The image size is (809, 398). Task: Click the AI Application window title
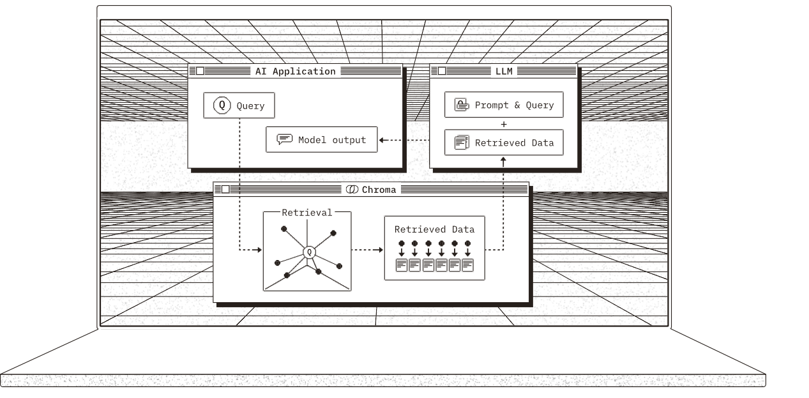click(x=295, y=71)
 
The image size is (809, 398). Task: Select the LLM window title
click(x=504, y=71)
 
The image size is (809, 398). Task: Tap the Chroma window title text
click(x=379, y=190)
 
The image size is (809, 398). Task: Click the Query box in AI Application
click(x=239, y=105)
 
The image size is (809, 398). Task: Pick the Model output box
click(x=322, y=140)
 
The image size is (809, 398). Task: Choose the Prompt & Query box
click(x=504, y=105)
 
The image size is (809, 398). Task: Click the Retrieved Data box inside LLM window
click(x=504, y=142)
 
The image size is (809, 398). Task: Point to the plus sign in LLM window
click(x=504, y=124)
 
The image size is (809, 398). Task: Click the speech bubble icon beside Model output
click(x=284, y=140)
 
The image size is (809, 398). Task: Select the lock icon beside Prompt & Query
click(x=461, y=105)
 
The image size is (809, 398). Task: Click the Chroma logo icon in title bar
click(x=351, y=190)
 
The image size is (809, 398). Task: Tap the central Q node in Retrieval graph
click(x=309, y=252)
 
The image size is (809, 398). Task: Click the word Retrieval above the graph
click(x=307, y=213)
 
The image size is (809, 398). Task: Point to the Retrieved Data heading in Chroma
click(x=434, y=229)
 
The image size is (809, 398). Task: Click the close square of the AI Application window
click(x=200, y=71)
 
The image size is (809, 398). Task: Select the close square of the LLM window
click(x=442, y=71)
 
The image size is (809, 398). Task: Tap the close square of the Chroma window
click(x=225, y=190)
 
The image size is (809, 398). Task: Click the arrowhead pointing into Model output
click(x=381, y=140)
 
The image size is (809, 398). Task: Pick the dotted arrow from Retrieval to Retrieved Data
click(x=368, y=250)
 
